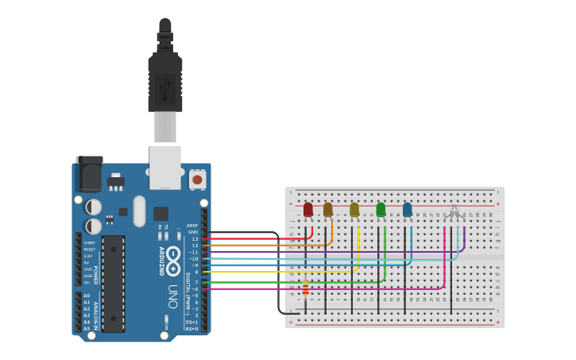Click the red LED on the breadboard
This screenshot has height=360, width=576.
point(308,210)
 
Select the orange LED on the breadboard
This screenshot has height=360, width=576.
point(328,210)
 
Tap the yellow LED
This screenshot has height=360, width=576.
point(354,210)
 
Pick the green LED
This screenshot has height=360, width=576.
point(381,210)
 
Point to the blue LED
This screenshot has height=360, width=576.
point(408,210)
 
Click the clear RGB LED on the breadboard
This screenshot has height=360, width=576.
point(454,213)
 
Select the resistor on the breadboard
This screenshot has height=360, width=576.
point(305,288)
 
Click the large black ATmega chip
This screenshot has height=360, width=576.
point(113,283)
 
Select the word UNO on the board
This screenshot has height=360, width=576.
point(172,296)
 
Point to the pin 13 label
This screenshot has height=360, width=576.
point(195,238)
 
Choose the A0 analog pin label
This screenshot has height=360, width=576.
point(87,296)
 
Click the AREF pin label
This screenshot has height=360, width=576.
point(192,225)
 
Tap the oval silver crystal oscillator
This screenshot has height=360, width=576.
point(140,211)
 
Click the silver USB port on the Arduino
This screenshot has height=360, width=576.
point(165,167)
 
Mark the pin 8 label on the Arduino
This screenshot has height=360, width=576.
point(196,272)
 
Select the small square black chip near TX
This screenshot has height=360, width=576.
point(160,213)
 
